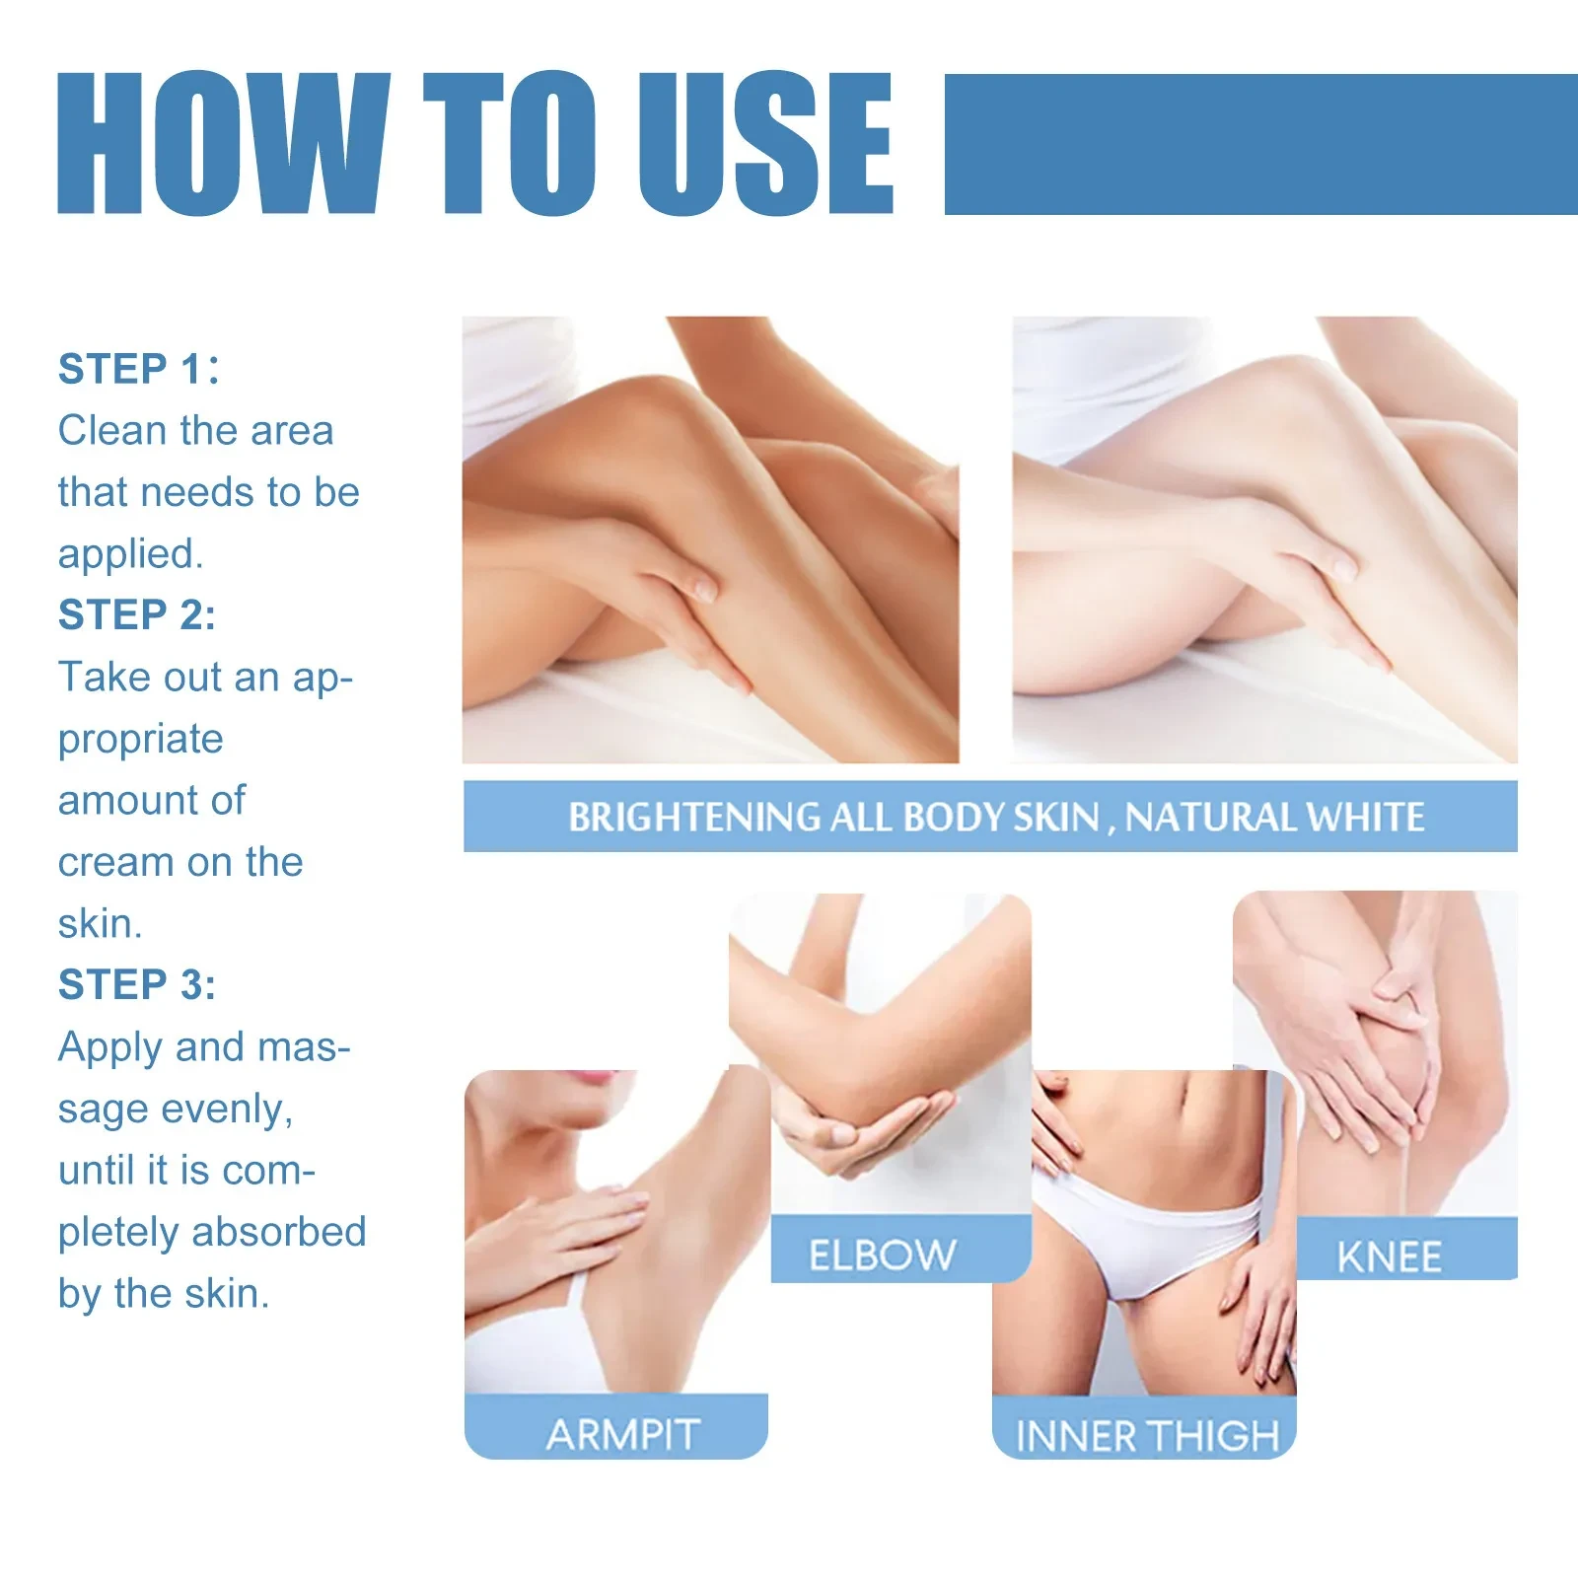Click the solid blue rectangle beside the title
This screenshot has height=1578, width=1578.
1260,144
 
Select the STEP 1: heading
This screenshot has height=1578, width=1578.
138,369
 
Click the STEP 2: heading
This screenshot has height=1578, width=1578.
136,614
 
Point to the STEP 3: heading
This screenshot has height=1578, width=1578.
136,984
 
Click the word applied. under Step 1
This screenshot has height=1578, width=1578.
130,554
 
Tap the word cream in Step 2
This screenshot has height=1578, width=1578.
116,862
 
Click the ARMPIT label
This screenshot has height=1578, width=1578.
623,1435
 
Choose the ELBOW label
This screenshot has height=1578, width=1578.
882,1255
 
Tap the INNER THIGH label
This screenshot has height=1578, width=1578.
1147,1436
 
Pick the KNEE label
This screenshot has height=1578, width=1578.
1389,1257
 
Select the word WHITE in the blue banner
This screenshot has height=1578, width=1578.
1365,818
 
